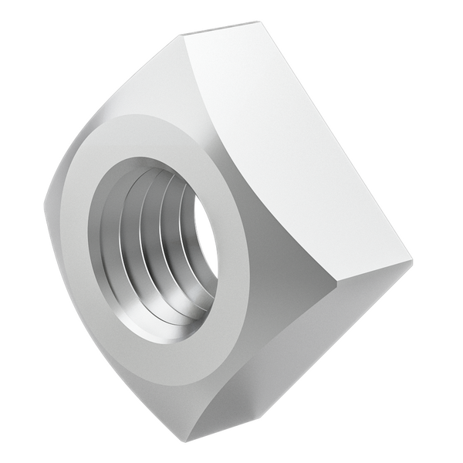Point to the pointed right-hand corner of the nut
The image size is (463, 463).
pyautogui.click(x=411, y=262)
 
